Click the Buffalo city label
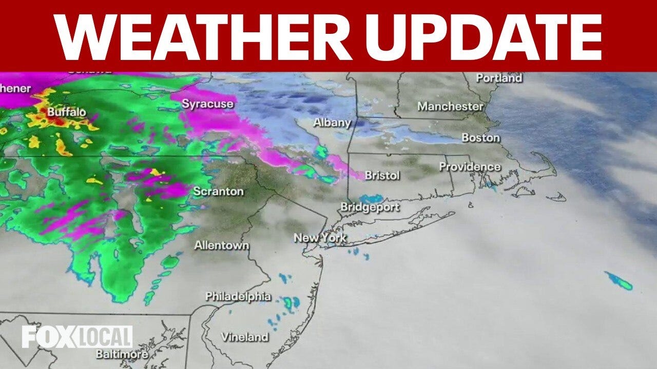(x=67, y=112)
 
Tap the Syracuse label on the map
(x=207, y=104)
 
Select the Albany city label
(x=332, y=123)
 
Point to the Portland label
(x=498, y=78)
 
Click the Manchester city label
(x=450, y=107)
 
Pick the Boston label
(x=480, y=137)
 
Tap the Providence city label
(x=469, y=167)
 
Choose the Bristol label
(x=382, y=175)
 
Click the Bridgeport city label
(x=370, y=208)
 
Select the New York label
(x=320, y=238)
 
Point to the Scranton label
(x=218, y=192)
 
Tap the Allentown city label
(x=221, y=245)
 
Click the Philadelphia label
(x=238, y=296)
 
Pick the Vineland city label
(x=244, y=337)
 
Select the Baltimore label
(x=122, y=354)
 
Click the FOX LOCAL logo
(x=77, y=337)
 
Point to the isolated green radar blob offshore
(x=619, y=280)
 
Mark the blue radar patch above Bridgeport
(x=371, y=198)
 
